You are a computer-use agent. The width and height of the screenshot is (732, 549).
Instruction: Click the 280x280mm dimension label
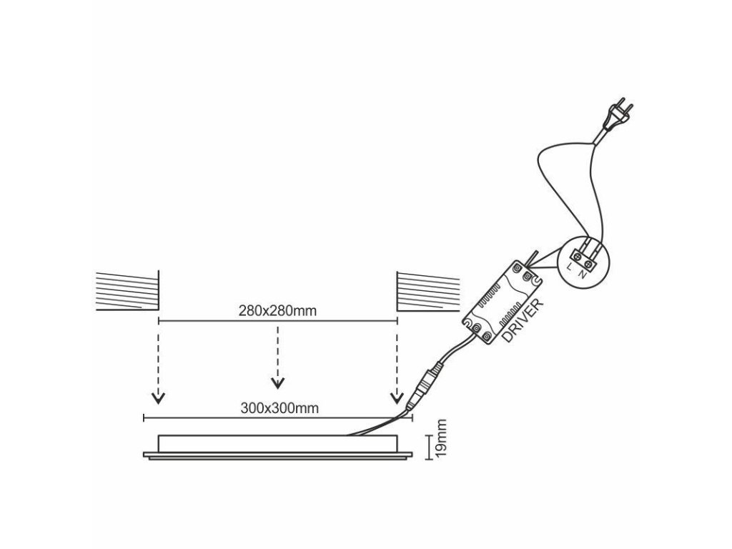point(277,311)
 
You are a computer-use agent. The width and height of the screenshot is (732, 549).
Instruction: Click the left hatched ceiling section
point(127,290)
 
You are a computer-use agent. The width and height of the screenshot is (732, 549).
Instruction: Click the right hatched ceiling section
point(427,290)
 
